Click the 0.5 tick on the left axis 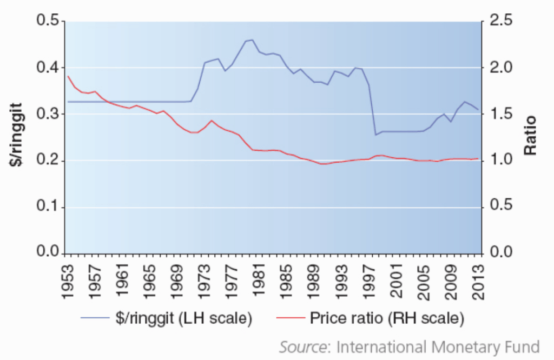click(x=48, y=21)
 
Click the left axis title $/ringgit click(x=18, y=137)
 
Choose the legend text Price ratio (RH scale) click(x=387, y=318)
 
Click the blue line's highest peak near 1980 click(x=252, y=39)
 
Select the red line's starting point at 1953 click(x=68, y=76)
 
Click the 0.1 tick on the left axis click(x=48, y=208)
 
